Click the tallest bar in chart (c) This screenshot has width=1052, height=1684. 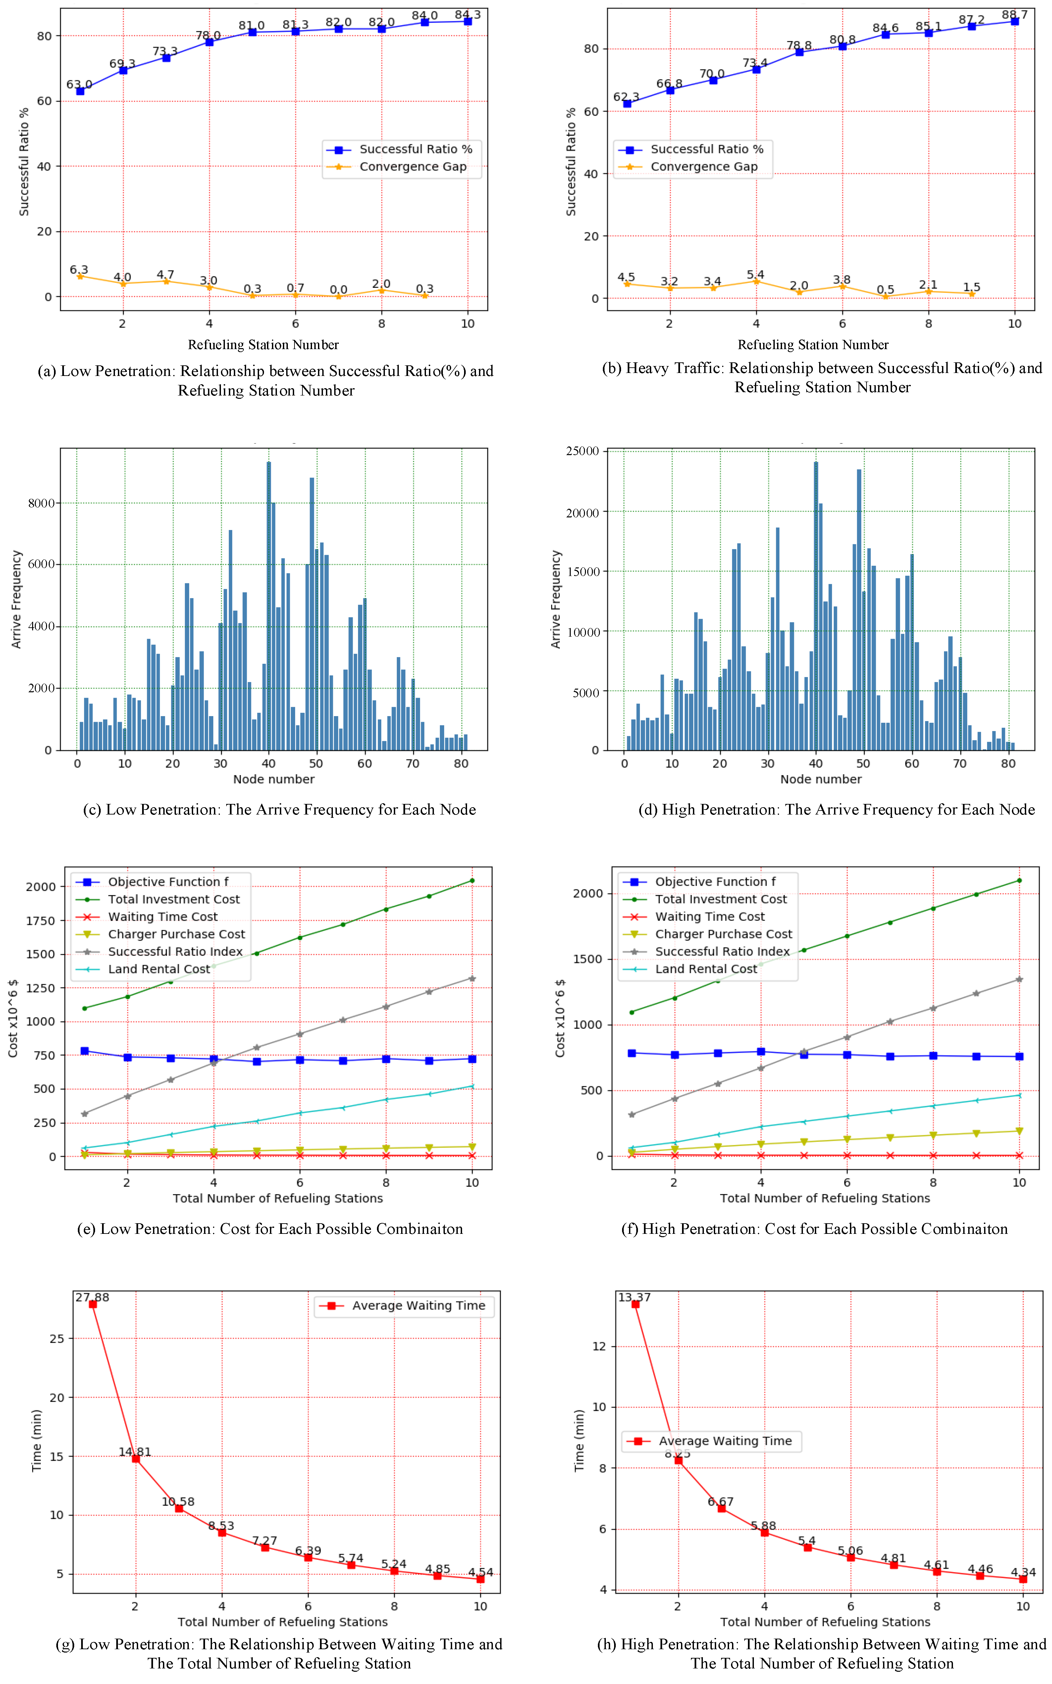coord(269,605)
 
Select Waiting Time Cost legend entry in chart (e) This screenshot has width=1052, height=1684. coord(162,917)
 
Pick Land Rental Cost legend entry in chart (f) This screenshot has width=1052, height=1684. coord(706,969)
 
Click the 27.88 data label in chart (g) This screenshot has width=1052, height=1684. coord(92,1297)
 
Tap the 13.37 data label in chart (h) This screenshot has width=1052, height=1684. coord(635,1297)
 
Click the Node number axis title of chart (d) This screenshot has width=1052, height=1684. coord(820,779)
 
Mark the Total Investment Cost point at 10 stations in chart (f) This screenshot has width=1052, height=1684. coord(1019,881)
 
